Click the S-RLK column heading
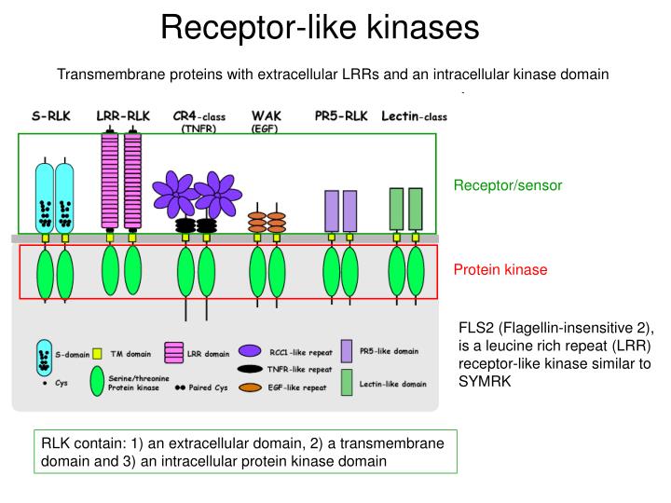pyautogui.click(x=51, y=116)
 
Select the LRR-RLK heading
pyautogui.click(x=123, y=116)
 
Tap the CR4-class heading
pyautogui.click(x=199, y=116)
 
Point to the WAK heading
pyautogui.click(x=267, y=116)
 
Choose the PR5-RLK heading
pyautogui.click(x=341, y=116)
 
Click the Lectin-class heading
pyautogui.click(x=414, y=116)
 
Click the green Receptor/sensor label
pyautogui.click(x=508, y=185)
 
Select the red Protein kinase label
pyautogui.click(x=500, y=269)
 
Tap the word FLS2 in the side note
pyautogui.click(x=476, y=328)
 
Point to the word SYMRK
pyautogui.click(x=485, y=381)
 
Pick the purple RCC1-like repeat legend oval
pyautogui.click(x=250, y=351)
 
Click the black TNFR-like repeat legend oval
pyautogui.click(x=250, y=369)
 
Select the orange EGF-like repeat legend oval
pyautogui.click(x=250, y=387)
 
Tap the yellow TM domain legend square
pyautogui.click(x=97, y=354)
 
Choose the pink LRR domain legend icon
pyautogui.click(x=173, y=353)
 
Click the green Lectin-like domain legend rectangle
pyautogui.click(x=347, y=383)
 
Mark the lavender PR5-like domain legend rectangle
pyautogui.click(x=347, y=351)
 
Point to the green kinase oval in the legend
pyautogui.click(x=97, y=381)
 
